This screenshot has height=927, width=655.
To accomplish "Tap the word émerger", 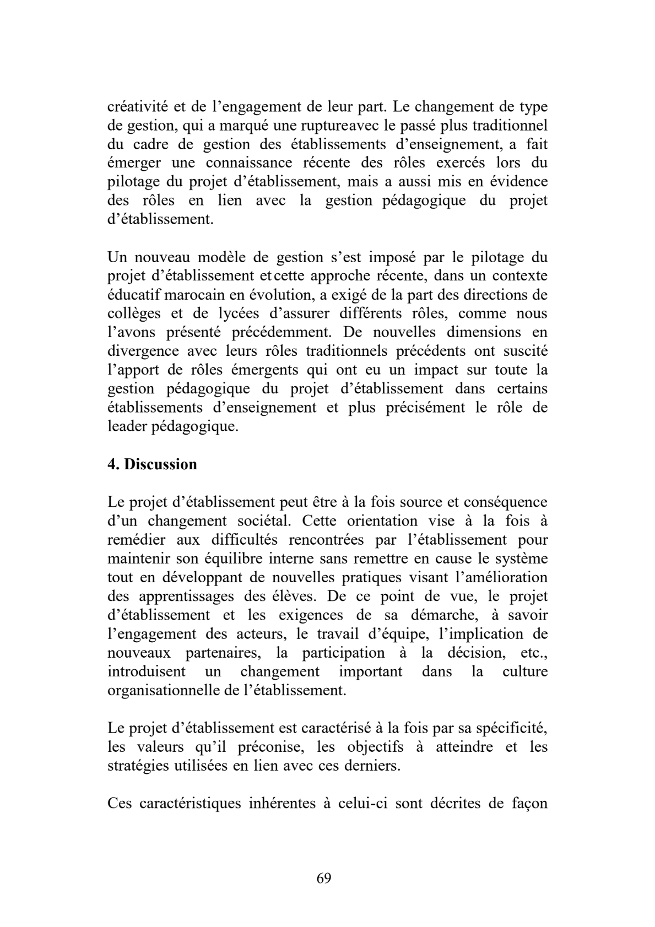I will (x=134, y=163).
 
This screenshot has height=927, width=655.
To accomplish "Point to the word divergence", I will (x=143, y=351).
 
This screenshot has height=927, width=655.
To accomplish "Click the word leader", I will (x=127, y=426).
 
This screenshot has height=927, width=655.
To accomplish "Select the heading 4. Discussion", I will (x=152, y=464).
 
